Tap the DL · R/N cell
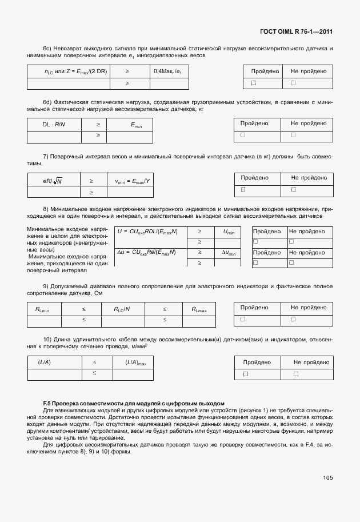(x=54, y=123)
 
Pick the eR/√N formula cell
(x=53, y=181)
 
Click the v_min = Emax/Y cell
(x=132, y=181)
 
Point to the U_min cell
(x=229, y=232)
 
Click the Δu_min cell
(x=229, y=252)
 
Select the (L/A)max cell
(x=135, y=362)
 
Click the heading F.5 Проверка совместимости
(x=134, y=404)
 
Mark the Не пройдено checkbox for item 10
(x=296, y=374)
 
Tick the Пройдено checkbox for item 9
(x=243, y=319)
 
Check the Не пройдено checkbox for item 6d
(x=293, y=135)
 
